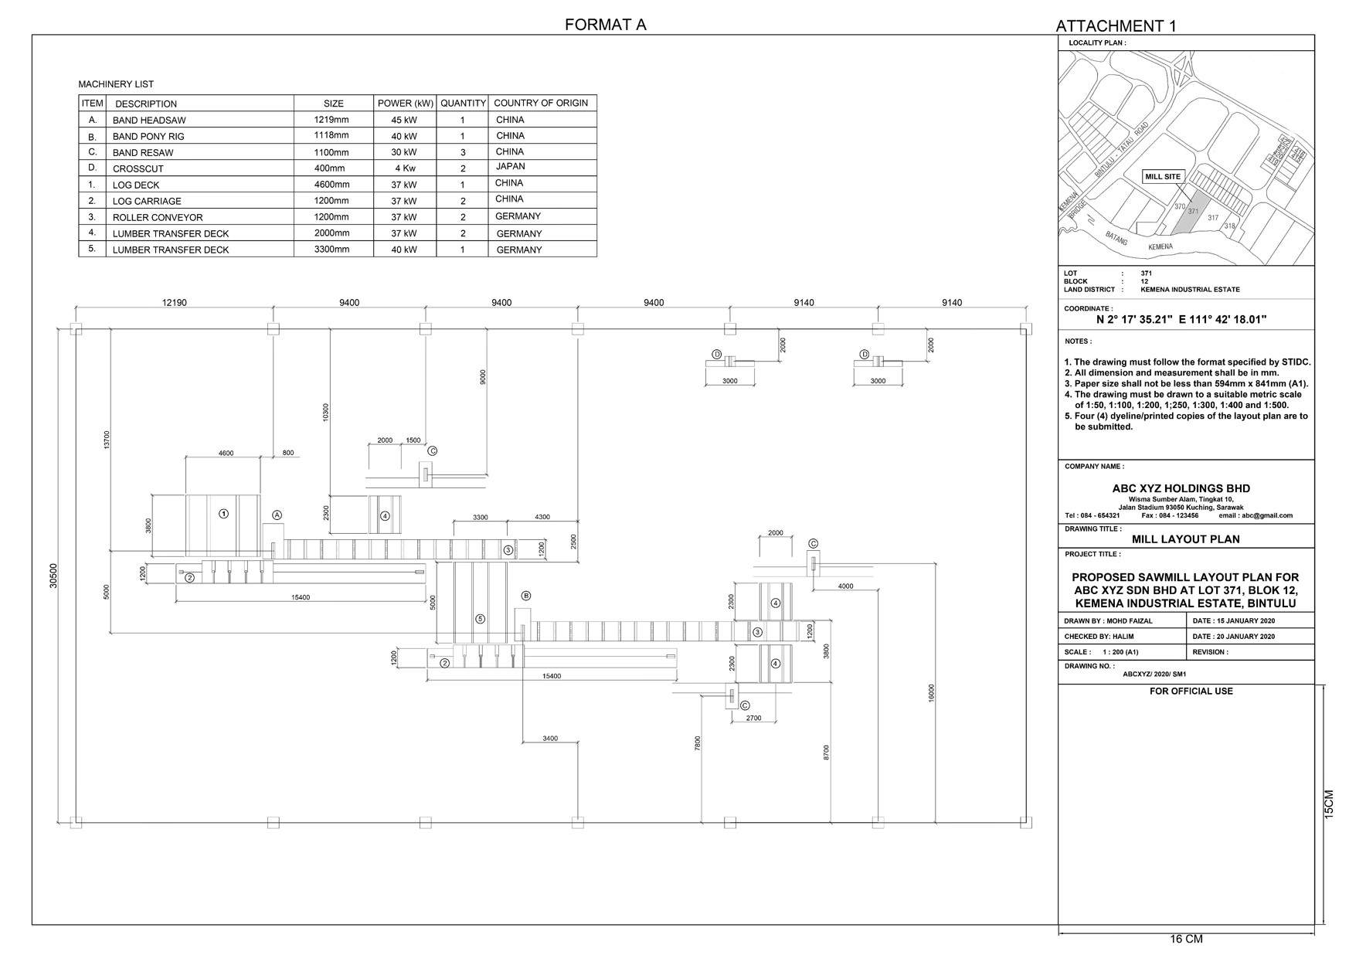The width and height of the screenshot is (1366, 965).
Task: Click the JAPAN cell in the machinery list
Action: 510,167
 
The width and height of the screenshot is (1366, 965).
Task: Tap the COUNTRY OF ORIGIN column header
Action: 541,103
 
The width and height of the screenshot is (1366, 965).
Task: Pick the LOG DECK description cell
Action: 136,185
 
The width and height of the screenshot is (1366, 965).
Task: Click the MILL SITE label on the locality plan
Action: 1163,177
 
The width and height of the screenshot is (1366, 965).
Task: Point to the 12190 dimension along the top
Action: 174,303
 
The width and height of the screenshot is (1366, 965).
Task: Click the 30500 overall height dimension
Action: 53,575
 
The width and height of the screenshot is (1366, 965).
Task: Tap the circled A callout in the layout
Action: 277,515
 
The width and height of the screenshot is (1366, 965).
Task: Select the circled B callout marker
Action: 526,596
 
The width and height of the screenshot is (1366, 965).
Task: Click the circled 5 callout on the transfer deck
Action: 480,619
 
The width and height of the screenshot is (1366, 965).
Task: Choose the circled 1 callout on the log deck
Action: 223,514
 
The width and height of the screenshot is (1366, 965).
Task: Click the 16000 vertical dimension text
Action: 932,692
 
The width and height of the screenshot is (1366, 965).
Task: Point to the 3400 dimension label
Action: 549,739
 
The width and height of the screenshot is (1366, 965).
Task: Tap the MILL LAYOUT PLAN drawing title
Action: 1185,539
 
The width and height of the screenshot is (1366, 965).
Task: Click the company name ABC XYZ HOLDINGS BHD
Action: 1181,488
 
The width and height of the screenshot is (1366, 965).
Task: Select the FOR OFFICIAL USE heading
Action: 1191,691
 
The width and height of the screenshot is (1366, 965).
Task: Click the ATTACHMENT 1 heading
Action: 1116,26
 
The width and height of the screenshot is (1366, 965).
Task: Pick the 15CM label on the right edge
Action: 1328,804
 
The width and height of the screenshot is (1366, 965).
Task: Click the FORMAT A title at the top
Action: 605,24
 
